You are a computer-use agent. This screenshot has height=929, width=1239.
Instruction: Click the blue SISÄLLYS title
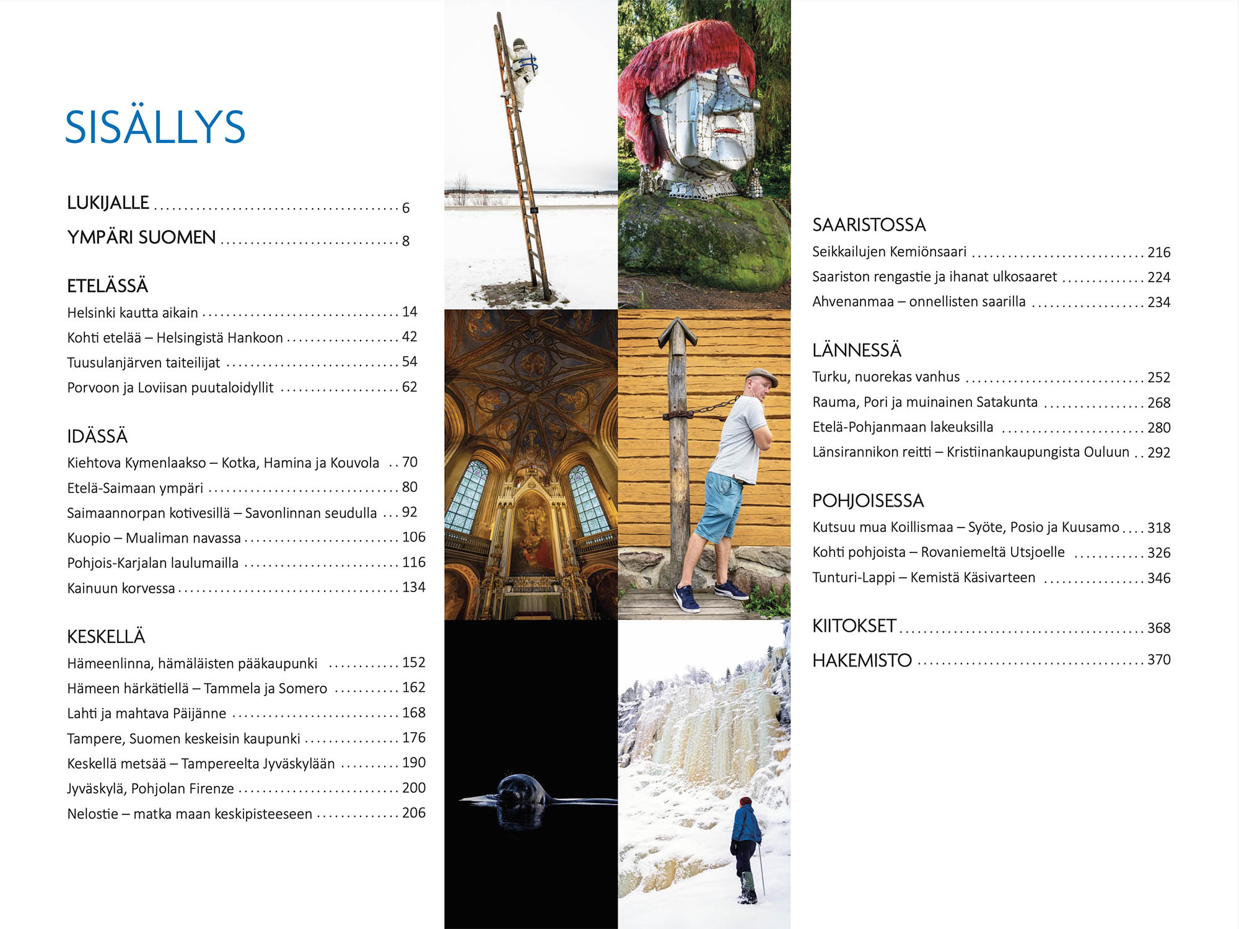[x=155, y=128]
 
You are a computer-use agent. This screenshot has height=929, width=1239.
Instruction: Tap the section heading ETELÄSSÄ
[x=107, y=286]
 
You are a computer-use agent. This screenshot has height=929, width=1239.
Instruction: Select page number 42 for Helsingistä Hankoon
[x=409, y=337]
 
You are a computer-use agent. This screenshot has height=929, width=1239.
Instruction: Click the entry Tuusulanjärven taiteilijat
[x=143, y=363]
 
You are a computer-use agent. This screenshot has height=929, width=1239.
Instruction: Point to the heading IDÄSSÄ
[x=97, y=437]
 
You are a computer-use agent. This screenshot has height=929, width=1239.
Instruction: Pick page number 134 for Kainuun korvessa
[x=413, y=587]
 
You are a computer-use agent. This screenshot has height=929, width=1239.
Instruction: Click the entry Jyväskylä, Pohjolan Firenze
[x=151, y=788]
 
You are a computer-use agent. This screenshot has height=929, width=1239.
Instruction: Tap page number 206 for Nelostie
[x=413, y=813]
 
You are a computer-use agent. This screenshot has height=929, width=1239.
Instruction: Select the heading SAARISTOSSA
[x=869, y=225]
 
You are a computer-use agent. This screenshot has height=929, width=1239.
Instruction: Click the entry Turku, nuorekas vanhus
[x=886, y=377]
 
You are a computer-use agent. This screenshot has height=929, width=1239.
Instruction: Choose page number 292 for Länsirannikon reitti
[x=1158, y=453]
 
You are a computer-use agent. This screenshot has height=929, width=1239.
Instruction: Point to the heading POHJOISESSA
[x=868, y=500]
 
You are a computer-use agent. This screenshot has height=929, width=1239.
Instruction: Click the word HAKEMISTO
[x=862, y=660]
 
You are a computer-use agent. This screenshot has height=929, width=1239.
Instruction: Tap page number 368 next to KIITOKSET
[x=1158, y=628]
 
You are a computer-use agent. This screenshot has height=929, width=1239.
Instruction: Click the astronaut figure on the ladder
[x=520, y=71]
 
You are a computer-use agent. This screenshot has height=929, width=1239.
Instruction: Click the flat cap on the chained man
[x=761, y=375]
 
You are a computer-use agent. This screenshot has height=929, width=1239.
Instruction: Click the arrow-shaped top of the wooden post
[x=678, y=334]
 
